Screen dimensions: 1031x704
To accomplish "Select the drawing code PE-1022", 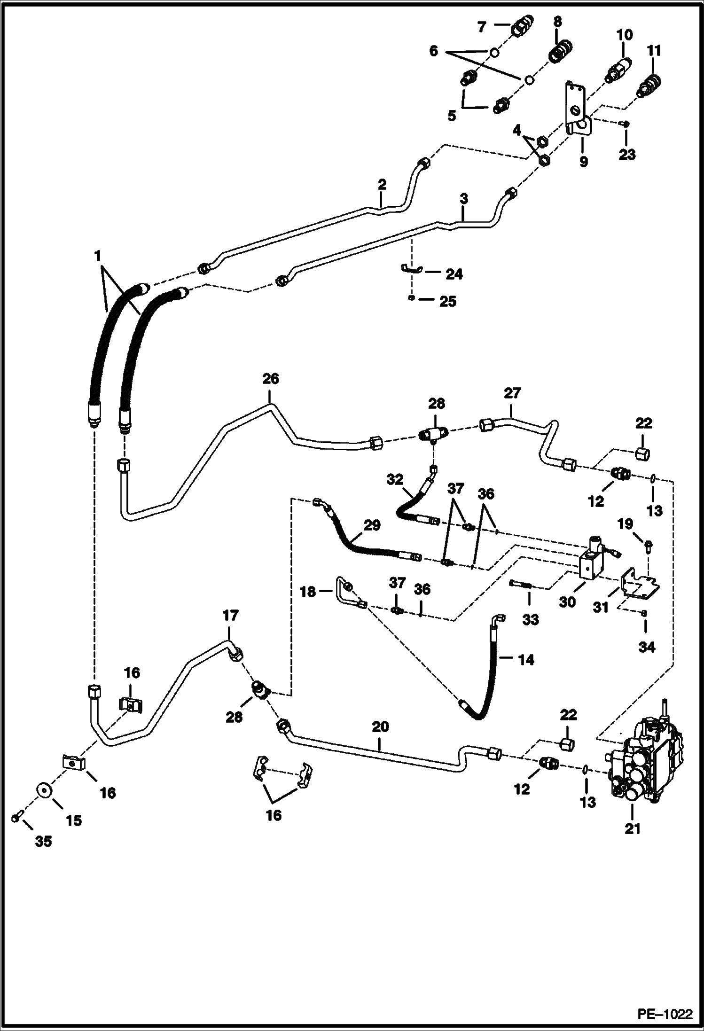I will pyautogui.click(x=665, y=1015).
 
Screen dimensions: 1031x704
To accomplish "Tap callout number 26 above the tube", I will pyautogui.click(x=270, y=378).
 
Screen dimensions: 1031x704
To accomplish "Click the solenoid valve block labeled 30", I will pyautogui.click(x=593, y=561).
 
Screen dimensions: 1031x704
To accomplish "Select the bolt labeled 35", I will pyautogui.click(x=16, y=818).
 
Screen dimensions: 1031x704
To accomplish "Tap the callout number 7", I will pyautogui.click(x=481, y=28).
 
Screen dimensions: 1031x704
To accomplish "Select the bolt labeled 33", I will pyautogui.click(x=520, y=585).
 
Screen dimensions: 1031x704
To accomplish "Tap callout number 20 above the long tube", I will pyautogui.click(x=380, y=726).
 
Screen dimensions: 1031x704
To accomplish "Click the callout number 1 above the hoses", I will pyautogui.click(x=98, y=256).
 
